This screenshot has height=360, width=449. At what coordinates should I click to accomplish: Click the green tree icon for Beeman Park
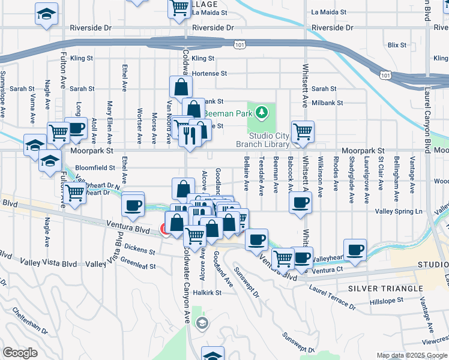coord(261,112)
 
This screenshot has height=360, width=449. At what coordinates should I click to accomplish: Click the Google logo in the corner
coord(20,353)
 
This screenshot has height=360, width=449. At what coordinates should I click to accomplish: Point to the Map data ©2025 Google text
coord(412,355)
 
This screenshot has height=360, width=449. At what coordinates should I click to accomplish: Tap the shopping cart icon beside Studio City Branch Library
coord(303,131)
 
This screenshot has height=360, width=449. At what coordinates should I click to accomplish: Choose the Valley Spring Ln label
coord(399,212)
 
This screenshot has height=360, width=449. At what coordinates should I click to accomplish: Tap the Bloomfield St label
coord(94,168)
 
